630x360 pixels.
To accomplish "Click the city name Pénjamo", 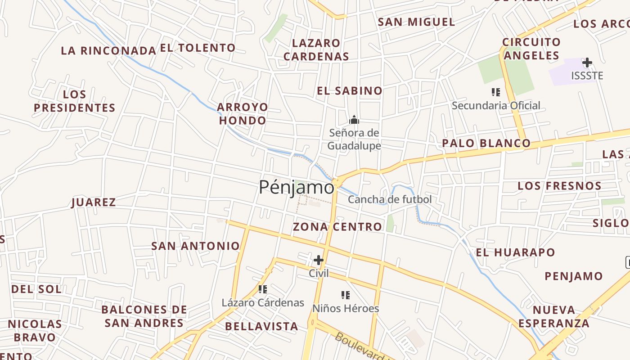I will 297,187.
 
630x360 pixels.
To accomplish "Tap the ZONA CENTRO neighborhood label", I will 337,227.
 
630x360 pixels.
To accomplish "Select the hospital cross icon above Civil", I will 319,260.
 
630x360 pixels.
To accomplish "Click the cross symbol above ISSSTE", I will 587,63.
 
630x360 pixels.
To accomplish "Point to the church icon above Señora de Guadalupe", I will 354,120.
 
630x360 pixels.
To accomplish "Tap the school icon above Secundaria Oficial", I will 495,93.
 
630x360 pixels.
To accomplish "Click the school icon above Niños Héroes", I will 345,295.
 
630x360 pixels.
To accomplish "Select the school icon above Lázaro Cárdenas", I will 263,289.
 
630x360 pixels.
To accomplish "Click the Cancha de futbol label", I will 390,199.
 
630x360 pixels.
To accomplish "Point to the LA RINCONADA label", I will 108,50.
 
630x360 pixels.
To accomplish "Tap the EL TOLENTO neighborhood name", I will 198,48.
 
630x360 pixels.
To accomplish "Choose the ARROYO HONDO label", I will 243,114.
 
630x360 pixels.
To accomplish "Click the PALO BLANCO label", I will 486,144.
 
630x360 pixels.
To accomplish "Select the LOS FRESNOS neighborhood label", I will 559,186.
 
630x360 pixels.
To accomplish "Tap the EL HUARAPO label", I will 516,252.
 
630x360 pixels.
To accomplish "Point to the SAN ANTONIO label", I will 195,246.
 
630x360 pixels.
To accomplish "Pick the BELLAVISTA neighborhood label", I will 261,326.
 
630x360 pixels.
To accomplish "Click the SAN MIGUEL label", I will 416,22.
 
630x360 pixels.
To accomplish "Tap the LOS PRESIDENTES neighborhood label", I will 75,101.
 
